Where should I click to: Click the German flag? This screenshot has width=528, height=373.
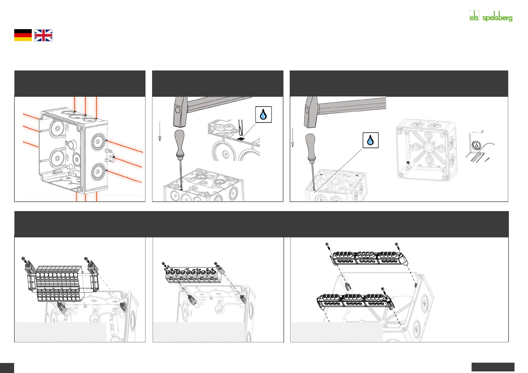coord(23,35)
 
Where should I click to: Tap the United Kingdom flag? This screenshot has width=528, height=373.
coord(43,35)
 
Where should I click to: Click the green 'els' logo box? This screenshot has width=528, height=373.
coord(474,16)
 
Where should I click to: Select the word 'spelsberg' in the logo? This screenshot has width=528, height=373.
coord(497,18)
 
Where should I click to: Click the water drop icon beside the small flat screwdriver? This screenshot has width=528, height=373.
coord(263,114)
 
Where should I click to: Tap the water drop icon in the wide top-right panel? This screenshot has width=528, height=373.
coord(370,140)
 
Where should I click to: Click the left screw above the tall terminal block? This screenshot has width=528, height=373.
coord(23,259)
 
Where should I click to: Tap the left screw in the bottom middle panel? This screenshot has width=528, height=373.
coord(163,264)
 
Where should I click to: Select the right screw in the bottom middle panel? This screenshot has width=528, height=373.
coord(215,263)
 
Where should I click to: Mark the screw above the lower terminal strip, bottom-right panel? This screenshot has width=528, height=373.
coord(383,289)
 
